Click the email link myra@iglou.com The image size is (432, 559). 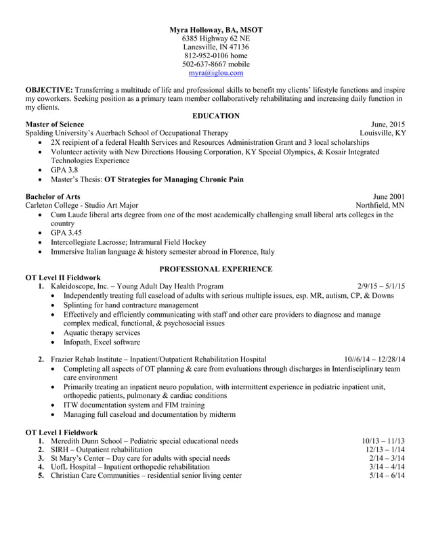click(215, 73)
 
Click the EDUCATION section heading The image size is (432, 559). click(215, 116)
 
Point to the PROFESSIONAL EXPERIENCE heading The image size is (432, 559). click(215, 269)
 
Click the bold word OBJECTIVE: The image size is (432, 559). click(49, 90)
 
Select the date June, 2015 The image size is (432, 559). click(388, 125)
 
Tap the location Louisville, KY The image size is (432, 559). click(383, 133)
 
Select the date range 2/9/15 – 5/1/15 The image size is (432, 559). click(381, 286)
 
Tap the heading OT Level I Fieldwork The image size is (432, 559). click(61, 432)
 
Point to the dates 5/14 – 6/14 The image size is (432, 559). click(387, 476)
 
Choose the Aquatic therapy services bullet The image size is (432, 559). click(102, 333)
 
